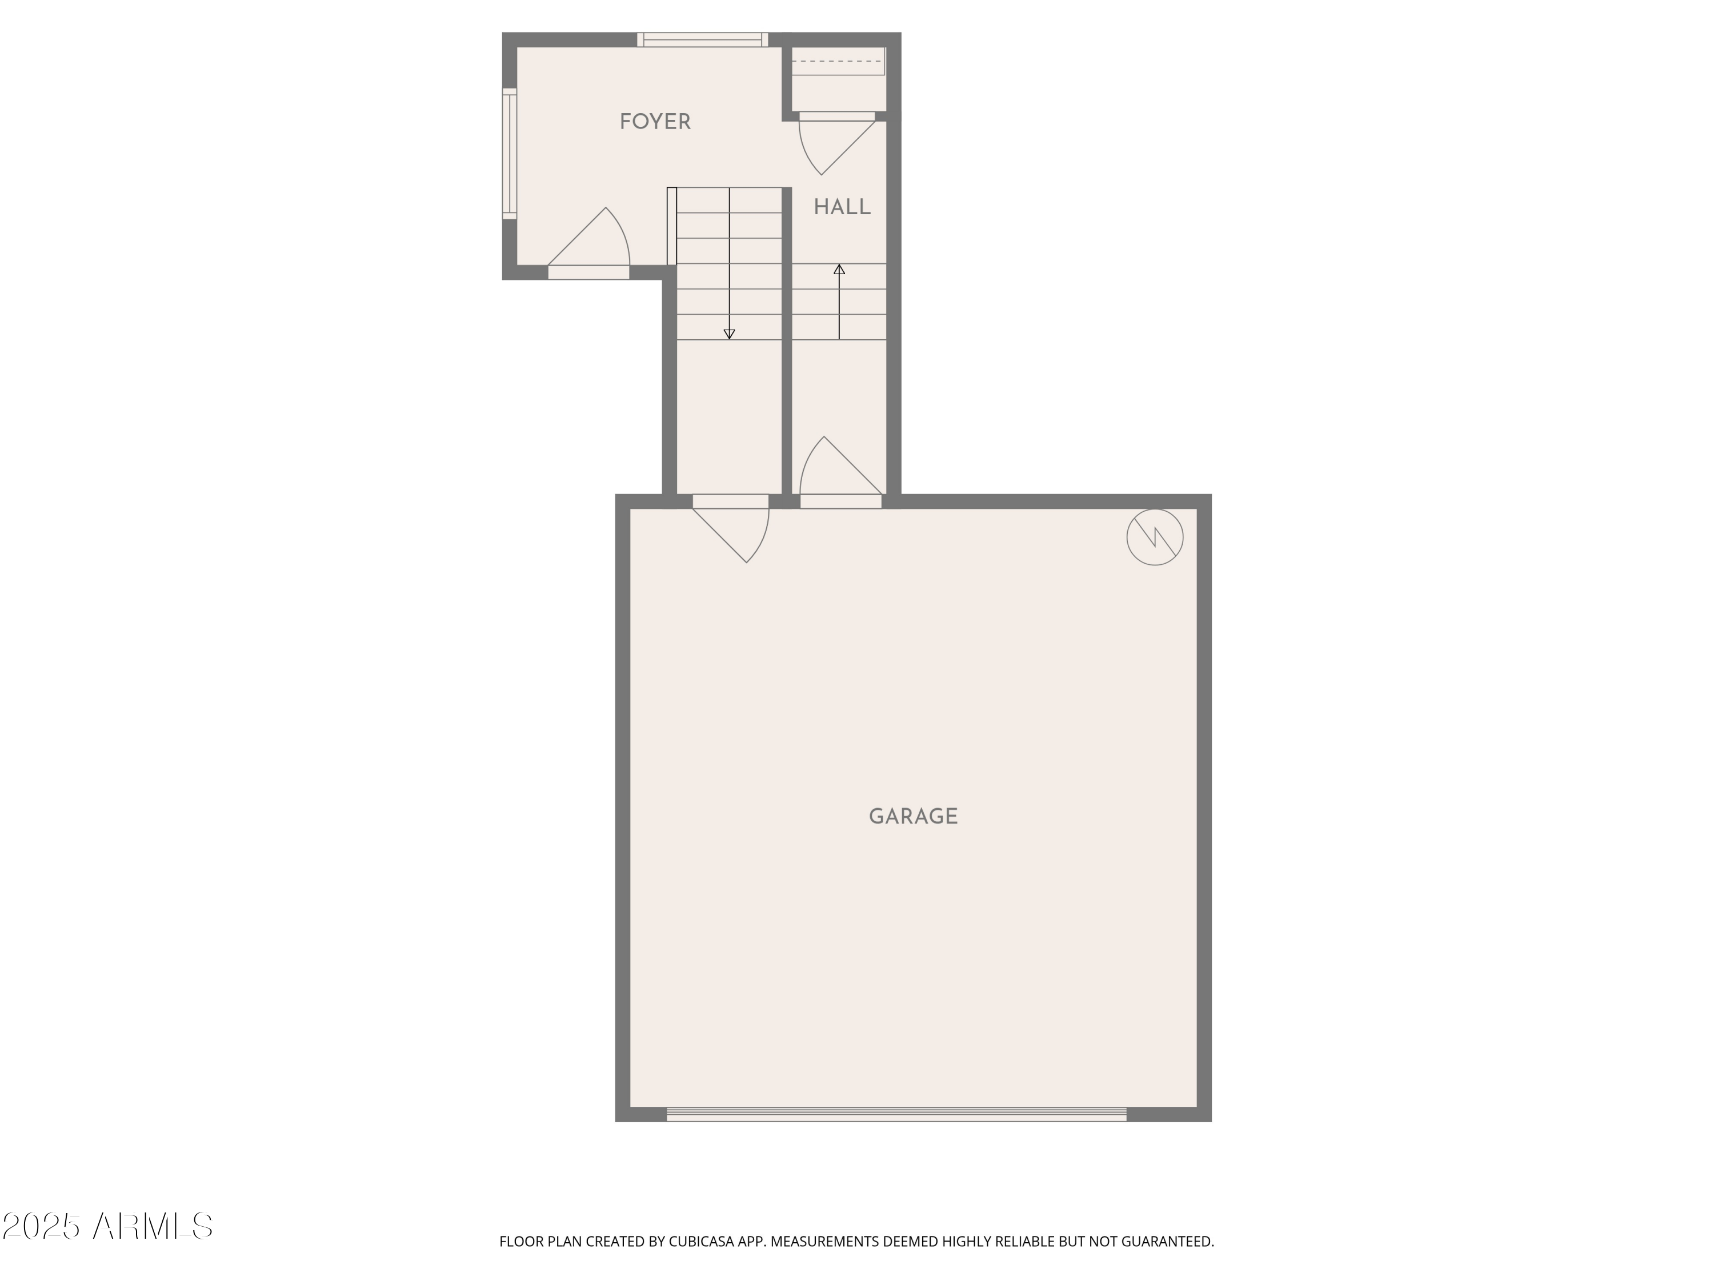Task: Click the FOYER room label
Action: pyautogui.click(x=655, y=122)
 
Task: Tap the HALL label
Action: pyautogui.click(x=842, y=207)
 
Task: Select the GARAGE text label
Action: pyautogui.click(x=913, y=816)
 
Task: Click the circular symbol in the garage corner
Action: pyautogui.click(x=1155, y=537)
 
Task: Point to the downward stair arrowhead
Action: pyautogui.click(x=729, y=335)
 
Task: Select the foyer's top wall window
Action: pyautogui.click(x=703, y=39)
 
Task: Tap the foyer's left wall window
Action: pyautogui.click(x=509, y=154)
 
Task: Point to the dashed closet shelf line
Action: pyautogui.click(x=837, y=61)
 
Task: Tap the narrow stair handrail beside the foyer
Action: pyautogui.click(x=672, y=226)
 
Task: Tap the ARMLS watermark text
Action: pyautogui.click(x=153, y=1226)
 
